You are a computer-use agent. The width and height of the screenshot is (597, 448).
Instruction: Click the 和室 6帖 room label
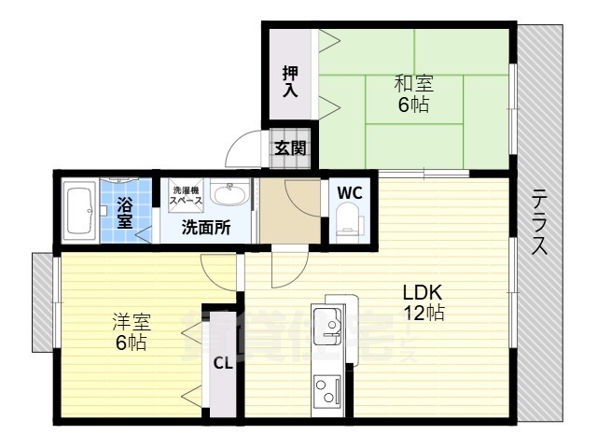tap(413, 93)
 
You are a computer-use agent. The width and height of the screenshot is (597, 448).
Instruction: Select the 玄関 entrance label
tap(289, 147)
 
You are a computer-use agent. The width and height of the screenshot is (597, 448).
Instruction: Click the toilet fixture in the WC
tap(350, 222)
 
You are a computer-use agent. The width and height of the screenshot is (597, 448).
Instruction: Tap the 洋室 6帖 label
tap(132, 331)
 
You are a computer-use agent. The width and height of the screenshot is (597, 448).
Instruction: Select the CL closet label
tap(223, 364)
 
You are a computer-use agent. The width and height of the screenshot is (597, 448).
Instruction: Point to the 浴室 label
tap(125, 211)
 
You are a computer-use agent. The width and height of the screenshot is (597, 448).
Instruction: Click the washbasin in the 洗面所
tap(229, 195)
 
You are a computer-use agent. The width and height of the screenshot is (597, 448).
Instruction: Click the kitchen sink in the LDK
tap(328, 327)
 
